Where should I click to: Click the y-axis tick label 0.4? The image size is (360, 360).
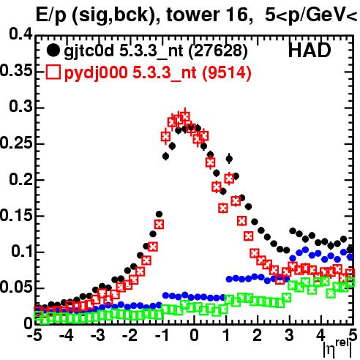[20, 34]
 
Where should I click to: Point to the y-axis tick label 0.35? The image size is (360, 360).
[15, 70]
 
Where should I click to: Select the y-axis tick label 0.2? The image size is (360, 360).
[20, 179]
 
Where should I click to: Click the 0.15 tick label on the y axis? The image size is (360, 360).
[15, 215]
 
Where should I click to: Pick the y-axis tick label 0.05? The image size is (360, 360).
[15, 287]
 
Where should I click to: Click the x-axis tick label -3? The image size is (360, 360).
[98, 335]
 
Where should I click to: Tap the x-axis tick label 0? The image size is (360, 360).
[194, 335]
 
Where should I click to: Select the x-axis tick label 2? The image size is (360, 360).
[258, 335]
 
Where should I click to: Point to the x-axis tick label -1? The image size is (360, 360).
[162, 335]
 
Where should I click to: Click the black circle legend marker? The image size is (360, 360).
[53, 50]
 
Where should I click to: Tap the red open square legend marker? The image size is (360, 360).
[53, 72]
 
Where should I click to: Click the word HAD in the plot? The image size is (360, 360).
[310, 50]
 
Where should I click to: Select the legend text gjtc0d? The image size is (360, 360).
[89, 51]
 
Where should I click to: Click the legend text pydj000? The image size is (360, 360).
[96, 73]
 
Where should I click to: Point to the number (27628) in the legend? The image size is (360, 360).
[218, 50]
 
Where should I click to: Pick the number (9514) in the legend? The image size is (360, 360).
[227, 72]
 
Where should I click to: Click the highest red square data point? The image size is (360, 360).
[185, 117]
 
